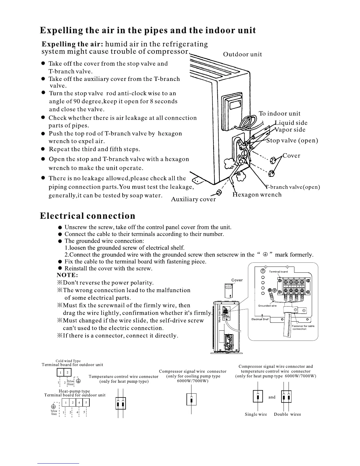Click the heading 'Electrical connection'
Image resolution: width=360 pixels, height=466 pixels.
coord(88,216)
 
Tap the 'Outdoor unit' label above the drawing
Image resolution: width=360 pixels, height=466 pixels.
coord(242,54)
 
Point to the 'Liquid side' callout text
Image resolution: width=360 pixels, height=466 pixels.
coord(291,123)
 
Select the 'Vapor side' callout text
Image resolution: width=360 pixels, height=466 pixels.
coord(291,130)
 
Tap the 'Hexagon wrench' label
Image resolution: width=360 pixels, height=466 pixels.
coord(257,195)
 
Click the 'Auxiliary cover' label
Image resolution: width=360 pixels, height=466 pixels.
coord(193,199)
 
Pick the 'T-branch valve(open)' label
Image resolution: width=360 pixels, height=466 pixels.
coord(293,187)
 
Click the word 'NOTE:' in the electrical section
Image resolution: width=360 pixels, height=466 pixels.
coord(67,275)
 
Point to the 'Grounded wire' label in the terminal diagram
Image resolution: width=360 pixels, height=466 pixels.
coord(267,306)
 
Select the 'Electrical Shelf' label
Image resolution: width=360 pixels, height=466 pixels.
coord(260,319)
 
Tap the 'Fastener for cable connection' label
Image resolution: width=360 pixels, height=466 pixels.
coord(303,327)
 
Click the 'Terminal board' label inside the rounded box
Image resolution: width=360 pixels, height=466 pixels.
coord(279,272)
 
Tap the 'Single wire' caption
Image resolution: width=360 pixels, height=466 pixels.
coord(256,414)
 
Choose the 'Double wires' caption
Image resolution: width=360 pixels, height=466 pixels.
coord(287,414)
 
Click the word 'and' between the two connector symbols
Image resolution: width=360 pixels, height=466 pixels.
coord(272,397)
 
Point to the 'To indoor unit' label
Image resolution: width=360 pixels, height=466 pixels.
coord(279,114)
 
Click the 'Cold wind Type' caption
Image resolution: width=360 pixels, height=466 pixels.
coord(68,361)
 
